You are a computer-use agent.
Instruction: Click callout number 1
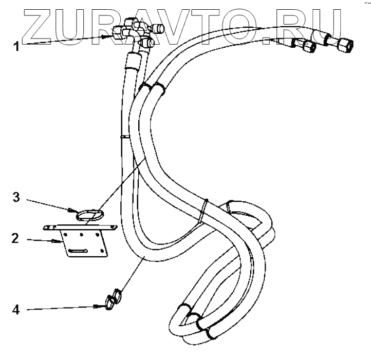pos(16,46)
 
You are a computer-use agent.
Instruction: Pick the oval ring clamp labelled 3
pos(91,214)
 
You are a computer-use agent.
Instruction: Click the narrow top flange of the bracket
pos(80,227)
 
